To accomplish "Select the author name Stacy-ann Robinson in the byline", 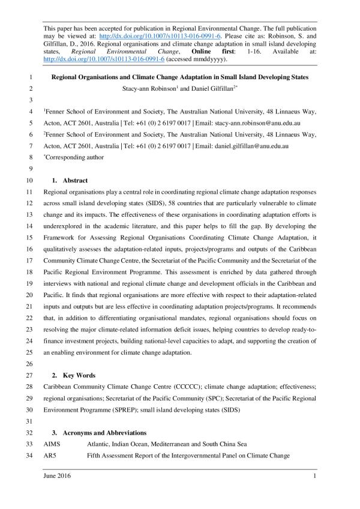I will [148, 88].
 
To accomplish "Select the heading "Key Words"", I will [79, 375].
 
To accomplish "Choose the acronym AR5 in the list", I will [50, 455].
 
